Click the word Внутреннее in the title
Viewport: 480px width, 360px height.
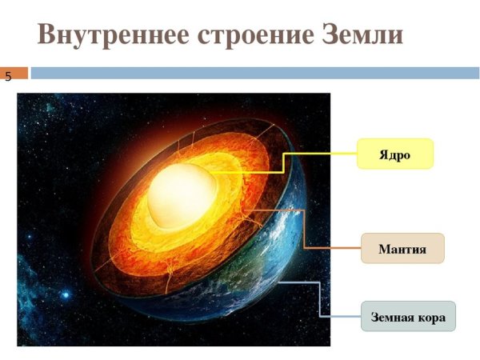pos(104,35)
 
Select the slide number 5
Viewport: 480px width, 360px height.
pos(8,78)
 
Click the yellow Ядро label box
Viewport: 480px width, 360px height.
pos(394,154)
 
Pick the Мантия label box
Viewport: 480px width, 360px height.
pos(402,249)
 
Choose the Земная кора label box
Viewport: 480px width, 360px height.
pos(407,317)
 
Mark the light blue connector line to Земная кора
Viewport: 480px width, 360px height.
pos(320,300)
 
